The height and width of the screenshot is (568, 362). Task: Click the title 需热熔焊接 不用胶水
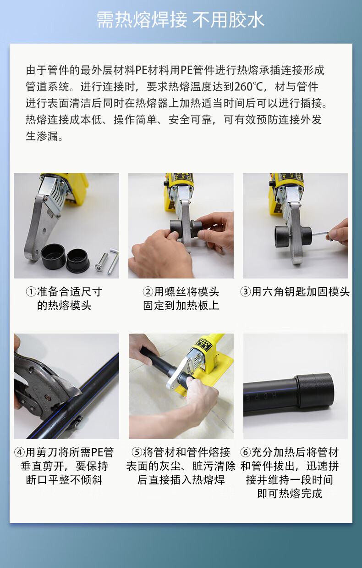point(181,20)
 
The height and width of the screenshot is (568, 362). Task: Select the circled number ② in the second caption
point(148,292)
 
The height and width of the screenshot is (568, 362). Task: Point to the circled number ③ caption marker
point(246,292)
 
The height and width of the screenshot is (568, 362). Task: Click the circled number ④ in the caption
point(20,452)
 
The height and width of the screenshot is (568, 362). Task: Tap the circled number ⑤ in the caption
point(137,452)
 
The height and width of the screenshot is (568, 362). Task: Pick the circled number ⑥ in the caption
point(246,452)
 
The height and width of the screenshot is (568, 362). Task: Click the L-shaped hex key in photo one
point(114,261)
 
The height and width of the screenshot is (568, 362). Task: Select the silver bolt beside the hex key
point(101,262)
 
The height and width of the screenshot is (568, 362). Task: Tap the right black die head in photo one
point(78,261)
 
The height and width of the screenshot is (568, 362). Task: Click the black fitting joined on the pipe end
point(314,391)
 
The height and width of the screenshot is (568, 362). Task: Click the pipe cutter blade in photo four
point(66,381)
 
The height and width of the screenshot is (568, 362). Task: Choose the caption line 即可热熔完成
point(290,494)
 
